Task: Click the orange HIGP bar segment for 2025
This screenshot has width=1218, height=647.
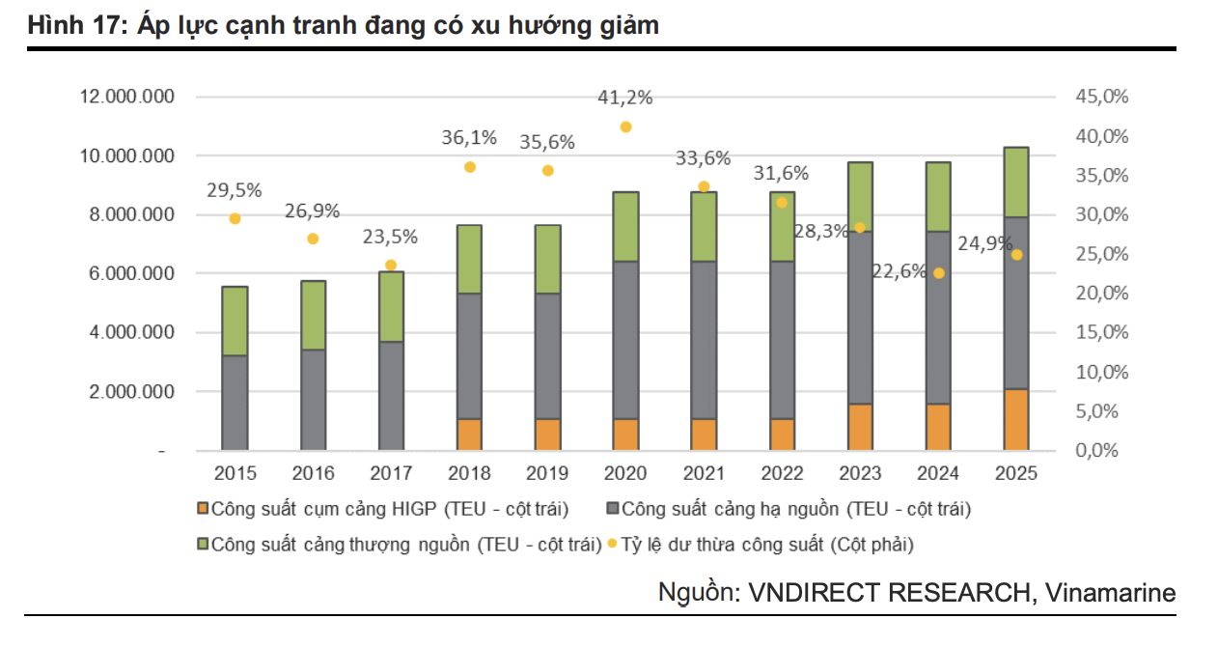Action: tap(1015, 419)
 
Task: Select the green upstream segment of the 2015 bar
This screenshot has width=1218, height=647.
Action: tap(235, 321)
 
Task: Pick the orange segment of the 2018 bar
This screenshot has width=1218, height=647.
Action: tap(469, 434)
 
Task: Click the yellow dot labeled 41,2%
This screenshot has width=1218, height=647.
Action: tap(625, 127)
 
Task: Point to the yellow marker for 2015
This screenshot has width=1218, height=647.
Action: tap(235, 218)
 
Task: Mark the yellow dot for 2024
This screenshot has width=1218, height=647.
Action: tap(938, 273)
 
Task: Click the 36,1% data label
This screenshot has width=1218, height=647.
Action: tap(469, 138)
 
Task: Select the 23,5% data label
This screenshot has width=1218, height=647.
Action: tap(390, 237)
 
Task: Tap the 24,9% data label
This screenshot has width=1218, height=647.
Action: tap(984, 244)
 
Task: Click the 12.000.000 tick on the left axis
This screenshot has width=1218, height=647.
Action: tap(127, 97)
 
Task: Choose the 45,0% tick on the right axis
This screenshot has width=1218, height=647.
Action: tap(1100, 97)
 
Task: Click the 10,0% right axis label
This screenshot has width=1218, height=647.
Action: tap(1100, 372)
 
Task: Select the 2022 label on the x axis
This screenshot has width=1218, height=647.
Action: tap(782, 473)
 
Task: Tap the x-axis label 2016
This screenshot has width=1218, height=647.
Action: tap(313, 473)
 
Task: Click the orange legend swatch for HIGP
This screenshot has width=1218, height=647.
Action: tap(202, 509)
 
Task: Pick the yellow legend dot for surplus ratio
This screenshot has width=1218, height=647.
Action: tap(613, 545)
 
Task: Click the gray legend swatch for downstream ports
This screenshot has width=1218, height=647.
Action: tap(612, 509)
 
